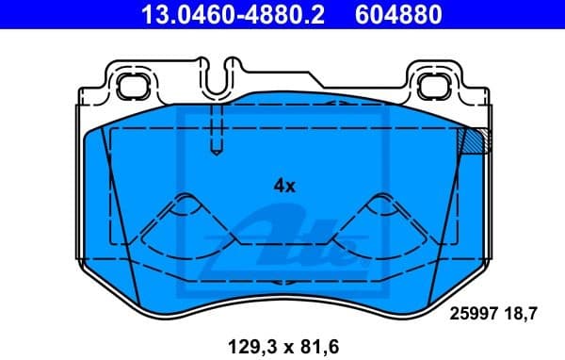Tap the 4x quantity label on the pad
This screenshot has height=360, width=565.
click(x=284, y=186)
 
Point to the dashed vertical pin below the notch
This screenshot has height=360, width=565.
click(x=216, y=127)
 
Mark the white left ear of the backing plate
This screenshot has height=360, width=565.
click(x=105, y=87)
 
